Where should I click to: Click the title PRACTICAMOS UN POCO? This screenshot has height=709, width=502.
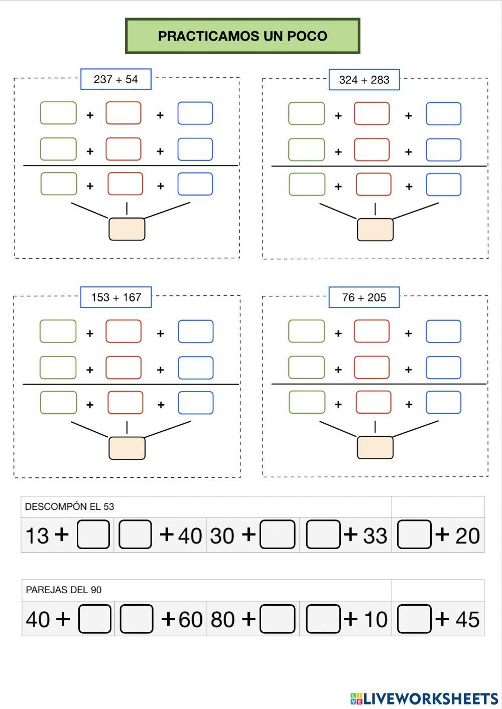tap(242, 36)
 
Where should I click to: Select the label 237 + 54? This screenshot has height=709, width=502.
tap(115, 79)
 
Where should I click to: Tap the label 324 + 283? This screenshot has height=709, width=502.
tap(364, 80)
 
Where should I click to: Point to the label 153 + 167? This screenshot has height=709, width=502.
tap(116, 297)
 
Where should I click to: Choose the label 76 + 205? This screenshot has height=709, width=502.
tap(364, 297)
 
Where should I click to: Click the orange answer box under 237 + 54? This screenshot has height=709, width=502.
tap(127, 229)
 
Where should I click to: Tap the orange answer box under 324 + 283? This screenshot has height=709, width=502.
tap(375, 230)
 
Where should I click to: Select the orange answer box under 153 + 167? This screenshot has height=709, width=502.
tap(127, 448)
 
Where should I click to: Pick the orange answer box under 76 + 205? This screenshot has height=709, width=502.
tap(375, 447)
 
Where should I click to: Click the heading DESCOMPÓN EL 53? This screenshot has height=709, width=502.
tap(69, 506)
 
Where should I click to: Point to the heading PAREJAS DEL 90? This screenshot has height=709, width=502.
tap(64, 590)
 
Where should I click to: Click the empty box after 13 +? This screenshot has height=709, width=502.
tap(93, 535)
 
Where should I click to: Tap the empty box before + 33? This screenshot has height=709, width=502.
tap(323, 535)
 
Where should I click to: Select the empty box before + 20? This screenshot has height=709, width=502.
tap(414, 535)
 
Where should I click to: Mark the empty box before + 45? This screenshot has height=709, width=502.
tap(414, 619)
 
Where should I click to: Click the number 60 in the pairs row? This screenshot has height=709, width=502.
tap(190, 620)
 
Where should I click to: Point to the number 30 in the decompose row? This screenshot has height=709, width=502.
tap(222, 536)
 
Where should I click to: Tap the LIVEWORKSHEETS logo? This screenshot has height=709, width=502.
tap(424, 698)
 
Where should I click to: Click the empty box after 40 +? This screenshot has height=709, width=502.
tap(95, 619)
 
